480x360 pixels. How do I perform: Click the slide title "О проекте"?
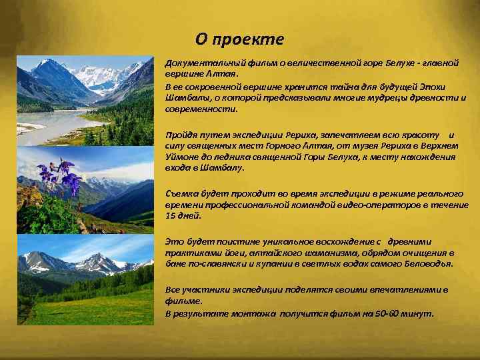239,39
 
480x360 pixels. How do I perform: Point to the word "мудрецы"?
373,98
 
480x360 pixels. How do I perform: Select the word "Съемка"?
181,193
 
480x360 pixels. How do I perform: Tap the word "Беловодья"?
421,264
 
